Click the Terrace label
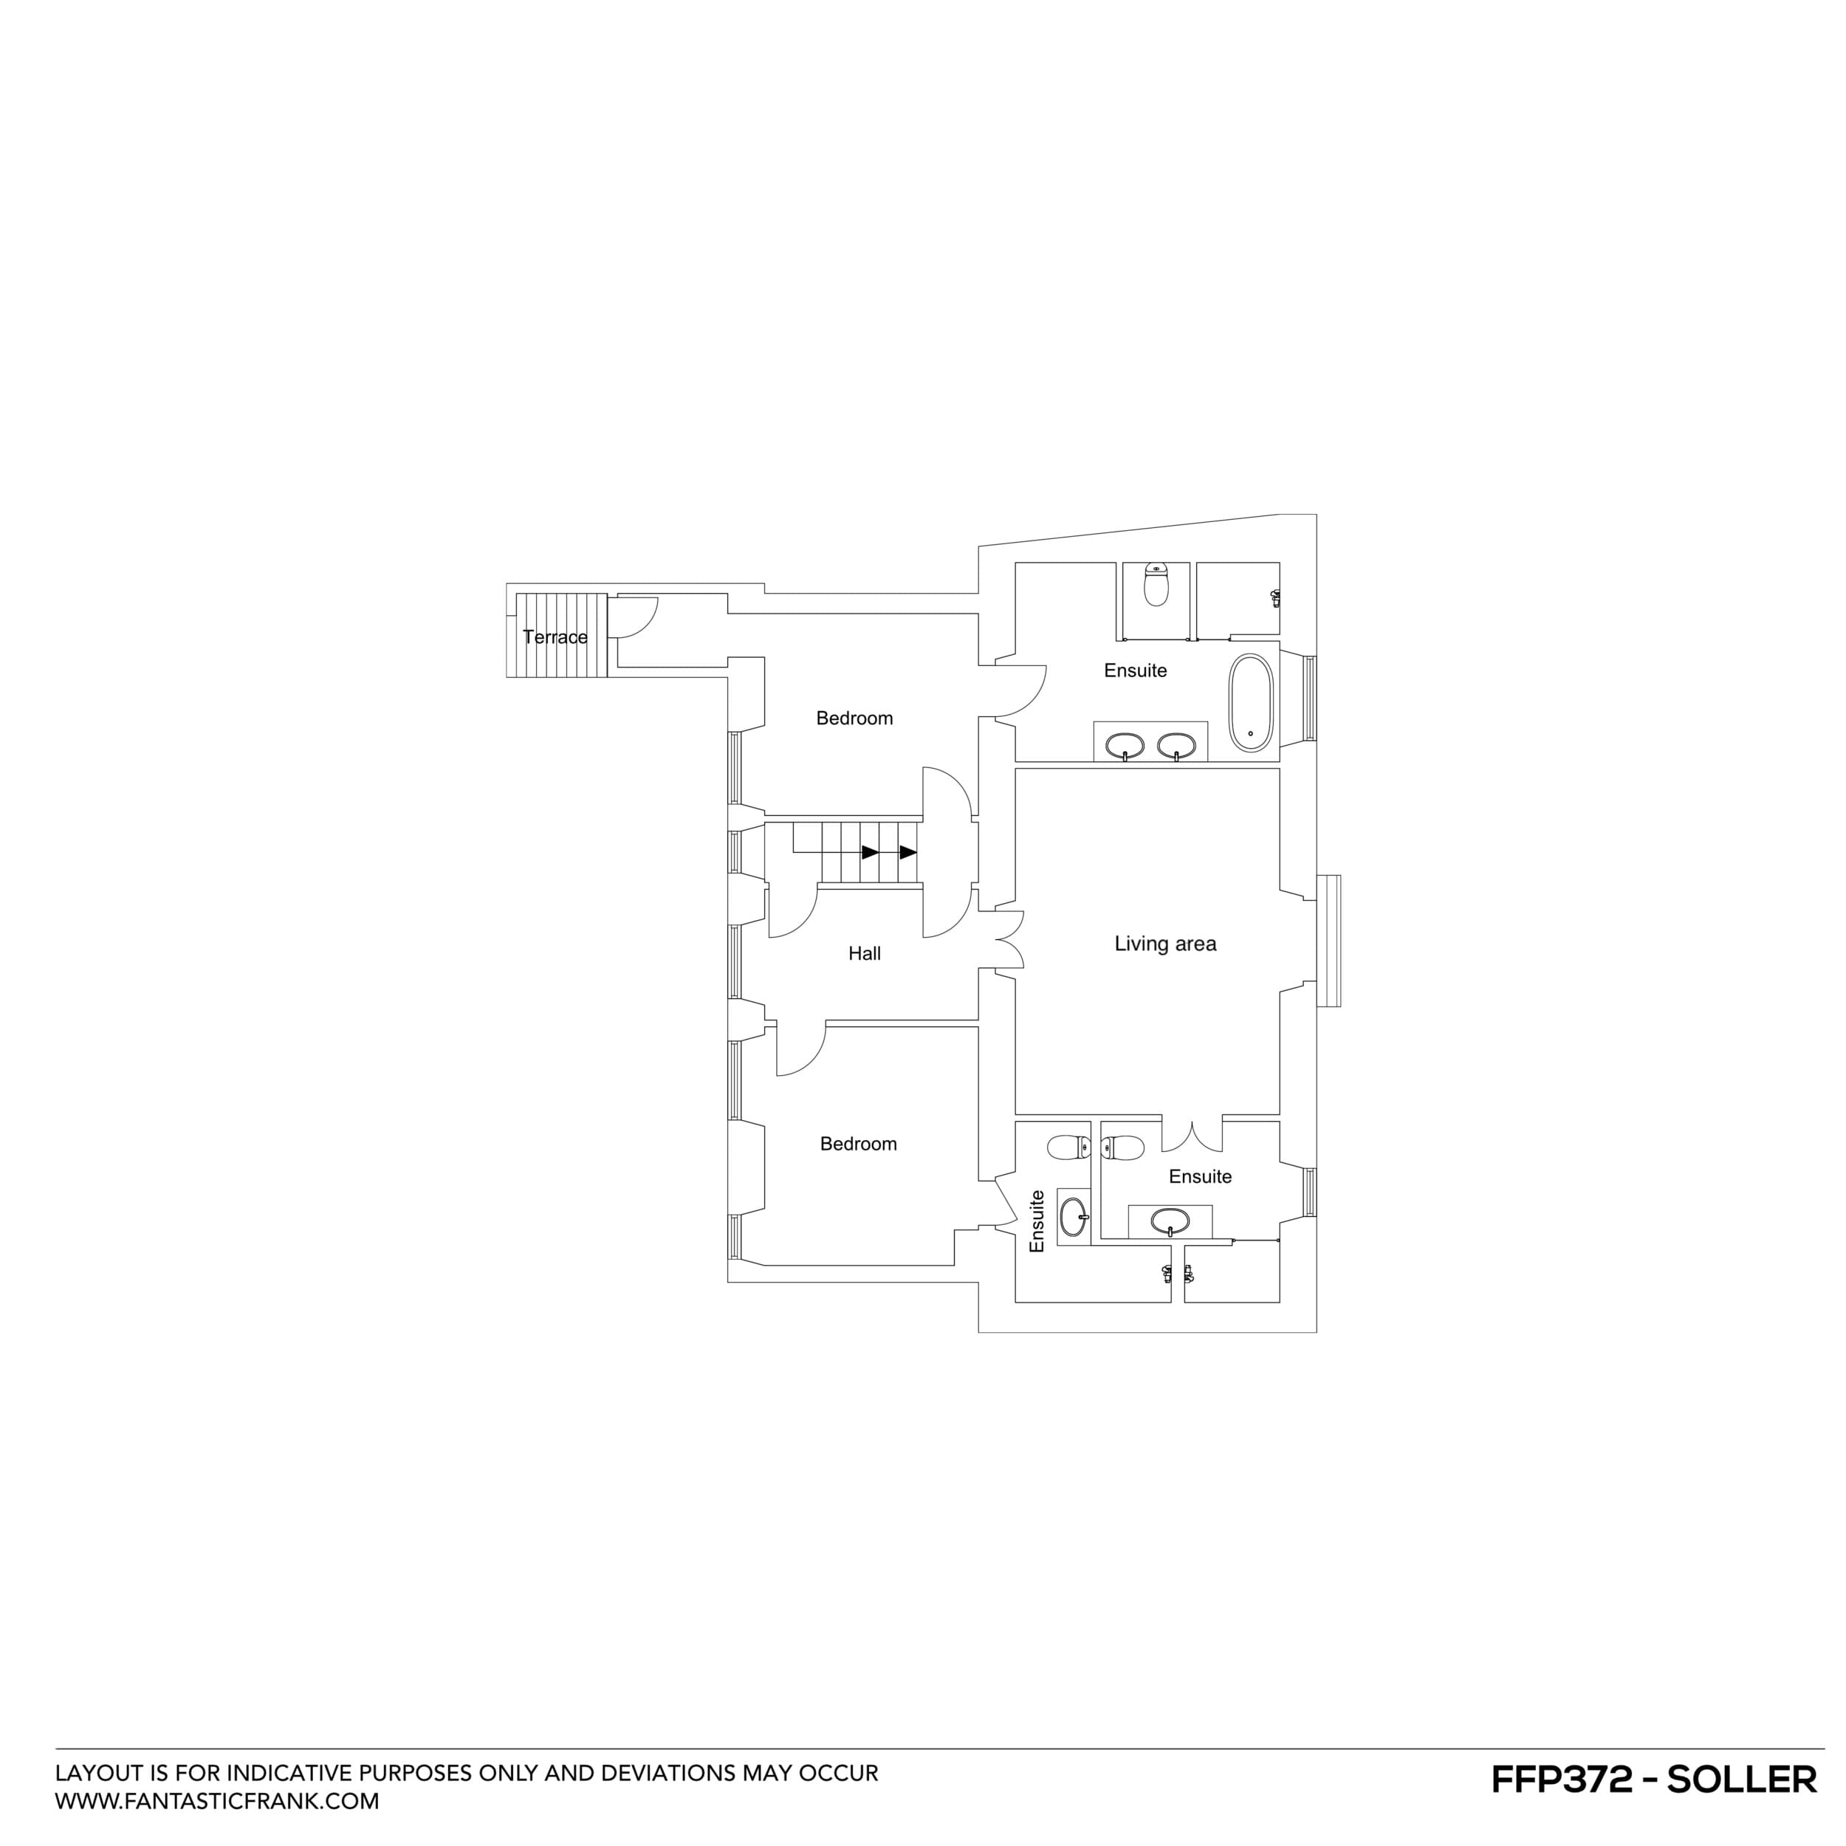pyautogui.click(x=555, y=637)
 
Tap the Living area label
pyautogui.click(x=1164, y=944)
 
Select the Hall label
pyautogui.click(x=864, y=953)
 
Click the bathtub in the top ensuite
pyautogui.click(x=1251, y=702)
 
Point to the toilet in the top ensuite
pyautogui.click(x=1156, y=584)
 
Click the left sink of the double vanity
pyautogui.click(x=1125, y=744)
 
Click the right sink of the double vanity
pyautogui.click(x=1176, y=744)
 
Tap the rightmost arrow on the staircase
pyautogui.click(x=907, y=852)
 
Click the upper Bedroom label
pyautogui.click(x=854, y=718)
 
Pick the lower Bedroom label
pyautogui.click(x=858, y=1144)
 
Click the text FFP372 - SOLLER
pyautogui.click(x=1653, y=1779)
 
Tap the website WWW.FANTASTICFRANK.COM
pyautogui.click(x=217, y=1801)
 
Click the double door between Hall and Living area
pyautogui.click(x=1008, y=940)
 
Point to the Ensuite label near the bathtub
pyautogui.click(x=1135, y=670)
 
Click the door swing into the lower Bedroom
pyautogui.click(x=800, y=1051)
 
